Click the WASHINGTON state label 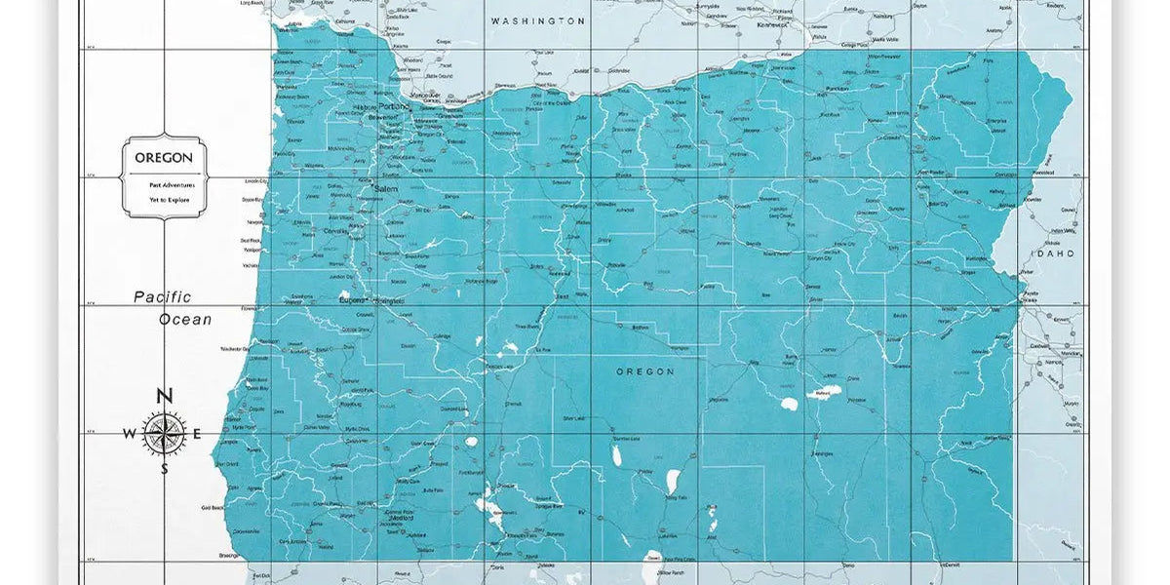(x=537, y=20)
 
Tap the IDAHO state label (x=1053, y=253)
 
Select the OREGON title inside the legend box (x=164, y=157)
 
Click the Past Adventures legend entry (x=164, y=184)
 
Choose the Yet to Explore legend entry (x=164, y=199)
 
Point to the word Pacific (x=163, y=297)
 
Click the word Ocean (x=185, y=319)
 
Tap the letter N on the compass (x=165, y=396)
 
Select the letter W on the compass (x=129, y=434)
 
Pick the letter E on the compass (x=197, y=434)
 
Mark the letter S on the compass (x=165, y=469)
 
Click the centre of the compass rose (x=165, y=434)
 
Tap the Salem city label (x=387, y=188)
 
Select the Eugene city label (x=351, y=300)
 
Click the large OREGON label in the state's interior (x=644, y=371)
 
